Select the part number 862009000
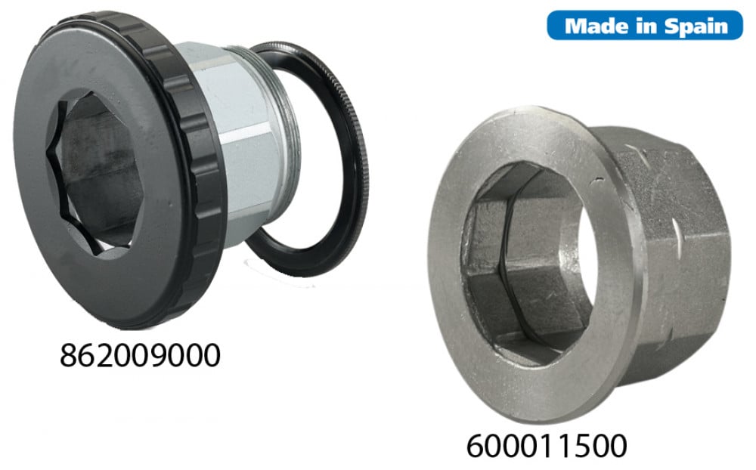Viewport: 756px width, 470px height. click(x=140, y=355)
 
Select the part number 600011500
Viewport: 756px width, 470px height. click(x=547, y=446)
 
